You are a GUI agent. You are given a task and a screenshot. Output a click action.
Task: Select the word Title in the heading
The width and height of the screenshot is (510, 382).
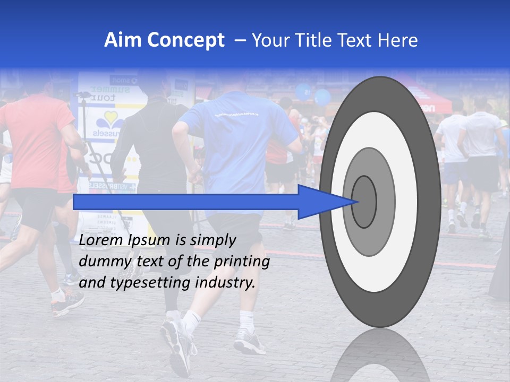pos(317,40)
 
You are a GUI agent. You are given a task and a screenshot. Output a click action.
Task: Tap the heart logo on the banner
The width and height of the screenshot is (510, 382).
pos(110,120)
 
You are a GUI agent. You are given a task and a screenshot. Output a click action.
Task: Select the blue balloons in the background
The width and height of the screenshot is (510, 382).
pos(313,94)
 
